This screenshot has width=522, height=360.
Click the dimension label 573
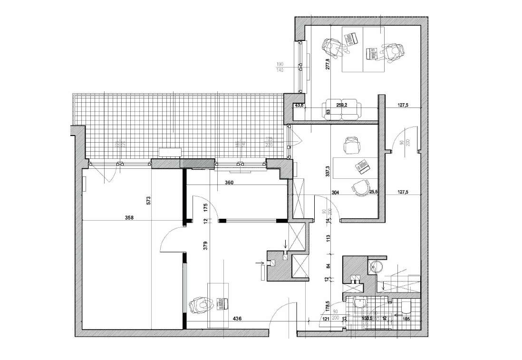(148, 201)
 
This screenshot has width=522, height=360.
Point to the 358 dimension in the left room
(129, 218)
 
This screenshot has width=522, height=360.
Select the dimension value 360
(230, 182)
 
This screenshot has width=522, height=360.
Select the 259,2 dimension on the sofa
(341, 106)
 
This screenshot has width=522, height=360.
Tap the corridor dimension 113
(328, 239)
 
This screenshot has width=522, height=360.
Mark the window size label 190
(280, 64)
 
